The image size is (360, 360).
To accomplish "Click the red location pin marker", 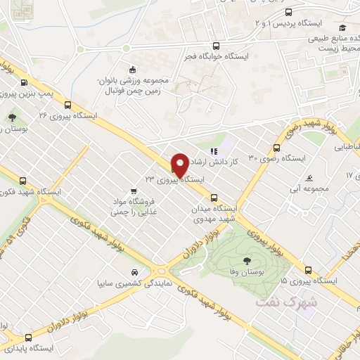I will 179,165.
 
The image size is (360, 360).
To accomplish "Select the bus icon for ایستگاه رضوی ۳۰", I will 276,148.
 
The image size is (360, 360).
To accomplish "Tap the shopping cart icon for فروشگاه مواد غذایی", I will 134,189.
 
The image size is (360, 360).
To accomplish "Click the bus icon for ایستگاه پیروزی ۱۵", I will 309,269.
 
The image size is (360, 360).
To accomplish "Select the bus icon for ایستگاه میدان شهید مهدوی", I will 214,198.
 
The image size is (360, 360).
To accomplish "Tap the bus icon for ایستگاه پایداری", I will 28,337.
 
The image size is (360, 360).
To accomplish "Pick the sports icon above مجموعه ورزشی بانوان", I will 131,69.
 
